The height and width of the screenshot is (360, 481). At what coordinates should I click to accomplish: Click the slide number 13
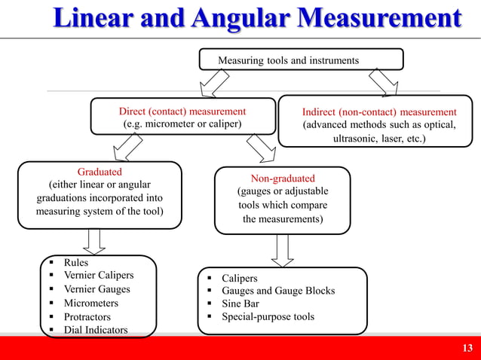pyautogui.click(x=467, y=347)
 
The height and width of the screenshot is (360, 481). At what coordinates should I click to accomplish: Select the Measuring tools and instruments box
pyautogui.click(x=300, y=59)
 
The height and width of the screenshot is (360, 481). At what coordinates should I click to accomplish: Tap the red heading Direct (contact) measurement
pyautogui.click(x=182, y=111)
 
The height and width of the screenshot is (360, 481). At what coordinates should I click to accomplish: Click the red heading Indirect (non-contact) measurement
pyautogui.click(x=379, y=111)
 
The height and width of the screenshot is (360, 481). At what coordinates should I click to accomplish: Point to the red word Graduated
pyautogui.click(x=100, y=172)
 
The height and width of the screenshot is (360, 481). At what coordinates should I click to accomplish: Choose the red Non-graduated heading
pyautogui.click(x=282, y=178)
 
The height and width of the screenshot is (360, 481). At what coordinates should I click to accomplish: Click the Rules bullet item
pyautogui.click(x=76, y=263)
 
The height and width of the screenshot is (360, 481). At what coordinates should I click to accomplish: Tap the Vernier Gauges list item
pyautogui.click(x=97, y=289)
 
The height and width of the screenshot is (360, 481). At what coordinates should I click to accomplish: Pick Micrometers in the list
pyautogui.click(x=90, y=303)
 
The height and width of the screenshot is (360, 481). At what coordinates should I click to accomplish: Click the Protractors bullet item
pyautogui.click(x=87, y=317)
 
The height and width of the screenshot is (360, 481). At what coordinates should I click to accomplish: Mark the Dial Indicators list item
pyautogui.click(x=95, y=330)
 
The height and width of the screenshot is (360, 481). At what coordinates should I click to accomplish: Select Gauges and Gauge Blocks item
pyautogui.click(x=277, y=291)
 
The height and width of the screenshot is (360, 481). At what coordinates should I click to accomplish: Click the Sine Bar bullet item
pyautogui.click(x=240, y=304)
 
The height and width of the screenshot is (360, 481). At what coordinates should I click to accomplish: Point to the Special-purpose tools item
pyautogui.click(x=268, y=317)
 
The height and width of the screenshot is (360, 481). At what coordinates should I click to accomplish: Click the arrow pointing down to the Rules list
pyautogui.click(x=95, y=242)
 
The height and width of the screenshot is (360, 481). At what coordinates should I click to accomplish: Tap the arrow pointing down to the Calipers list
pyautogui.click(x=283, y=249)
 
